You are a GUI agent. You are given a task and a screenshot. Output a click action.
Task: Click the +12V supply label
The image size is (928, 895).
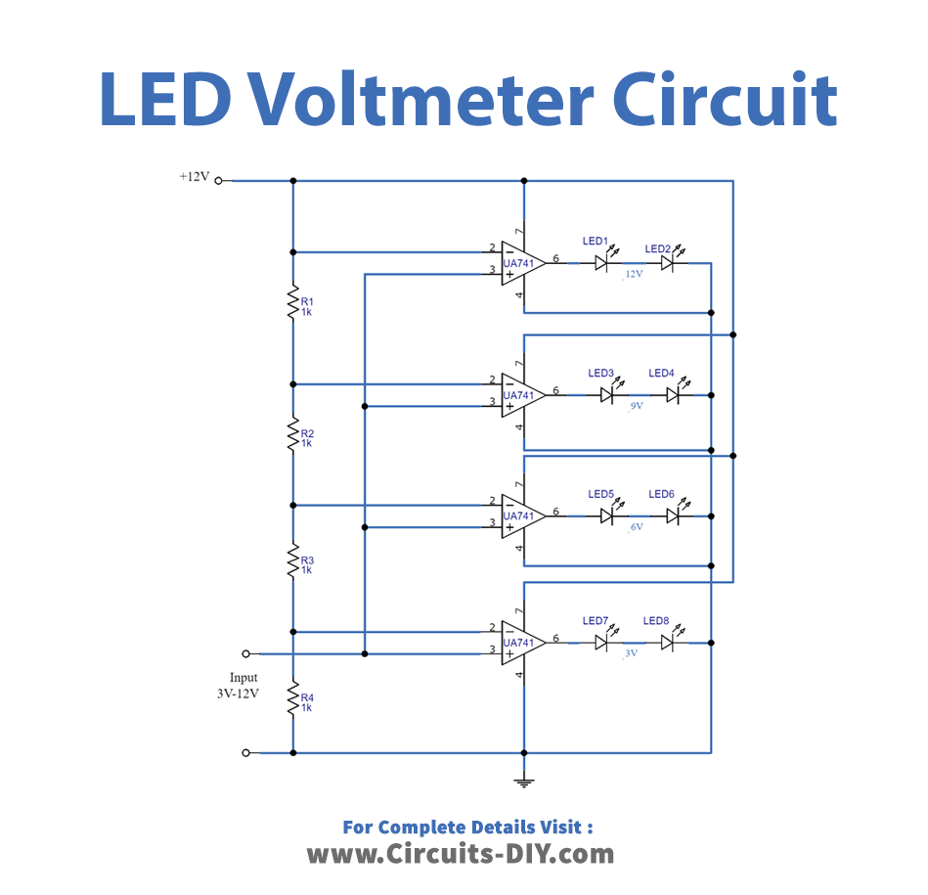click(x=194, y=177)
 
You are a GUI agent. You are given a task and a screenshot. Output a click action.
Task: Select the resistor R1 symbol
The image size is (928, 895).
click(x=292, y=303)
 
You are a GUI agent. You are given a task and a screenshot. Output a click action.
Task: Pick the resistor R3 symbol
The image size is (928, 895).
click(x=292, y=563)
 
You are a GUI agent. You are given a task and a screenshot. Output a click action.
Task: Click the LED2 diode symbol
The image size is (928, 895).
click(x=667, y=262)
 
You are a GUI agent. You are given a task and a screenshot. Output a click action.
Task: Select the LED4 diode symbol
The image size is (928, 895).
click(x=673, y=394)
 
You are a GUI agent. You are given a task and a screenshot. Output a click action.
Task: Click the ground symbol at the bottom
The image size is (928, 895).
click(x=525, y=780)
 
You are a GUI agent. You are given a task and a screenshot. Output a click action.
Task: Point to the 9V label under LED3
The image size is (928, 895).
click(x=635, y=405)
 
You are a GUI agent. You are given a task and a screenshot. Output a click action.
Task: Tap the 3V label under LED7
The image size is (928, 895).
click(x=630, y=652)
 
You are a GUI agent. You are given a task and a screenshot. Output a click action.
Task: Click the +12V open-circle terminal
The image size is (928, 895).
click(x=219, y=181)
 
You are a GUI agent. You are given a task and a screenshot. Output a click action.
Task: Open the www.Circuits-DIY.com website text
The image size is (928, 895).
click(x=461, y=854)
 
